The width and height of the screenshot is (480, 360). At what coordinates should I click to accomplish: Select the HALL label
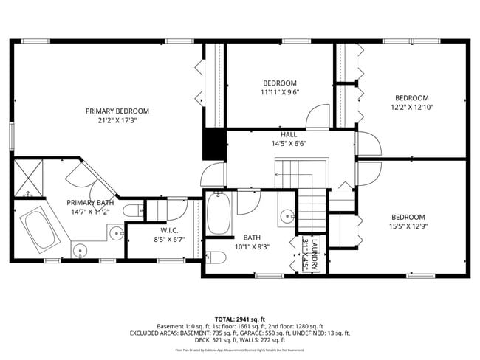288,135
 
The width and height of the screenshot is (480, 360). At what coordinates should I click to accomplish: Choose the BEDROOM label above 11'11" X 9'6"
279,83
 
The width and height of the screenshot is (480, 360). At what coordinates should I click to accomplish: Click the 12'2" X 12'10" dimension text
411,108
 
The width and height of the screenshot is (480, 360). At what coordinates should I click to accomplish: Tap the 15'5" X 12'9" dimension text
411,226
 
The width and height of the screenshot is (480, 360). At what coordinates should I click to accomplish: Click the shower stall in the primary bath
29,179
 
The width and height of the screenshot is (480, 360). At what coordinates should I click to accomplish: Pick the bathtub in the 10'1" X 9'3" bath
219,214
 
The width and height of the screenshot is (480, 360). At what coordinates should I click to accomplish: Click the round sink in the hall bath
287,217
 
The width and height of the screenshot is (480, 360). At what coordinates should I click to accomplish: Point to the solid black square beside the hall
214,145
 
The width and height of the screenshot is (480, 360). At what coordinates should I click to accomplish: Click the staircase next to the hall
311,210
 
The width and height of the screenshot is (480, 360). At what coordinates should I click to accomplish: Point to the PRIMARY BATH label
90,203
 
